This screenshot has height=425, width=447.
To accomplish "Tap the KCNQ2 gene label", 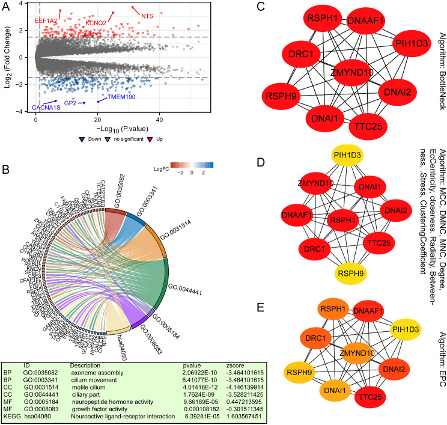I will (x=96, y=23).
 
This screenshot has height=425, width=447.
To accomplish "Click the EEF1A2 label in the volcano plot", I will (x=46, y=20).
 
